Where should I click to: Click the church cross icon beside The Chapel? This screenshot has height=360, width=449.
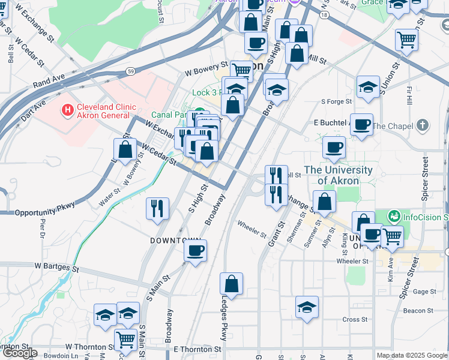pyautogui.click(x=423, y=126)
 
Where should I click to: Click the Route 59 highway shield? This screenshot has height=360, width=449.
pyautogui.click(x=130, y=71)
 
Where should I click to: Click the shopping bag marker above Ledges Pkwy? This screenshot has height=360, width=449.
pyautogui.click(x=231, y=283)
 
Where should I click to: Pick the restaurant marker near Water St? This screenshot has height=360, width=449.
pyautogui.click(x=157, y=208)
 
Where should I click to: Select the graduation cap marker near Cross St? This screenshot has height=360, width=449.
pyautogui.click(x=307, y=307)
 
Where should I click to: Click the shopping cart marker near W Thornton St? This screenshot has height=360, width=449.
pyautogui.click(x=125, y=340)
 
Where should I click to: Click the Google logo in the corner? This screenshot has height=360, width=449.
pyautogui.click(x=20, y=353)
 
